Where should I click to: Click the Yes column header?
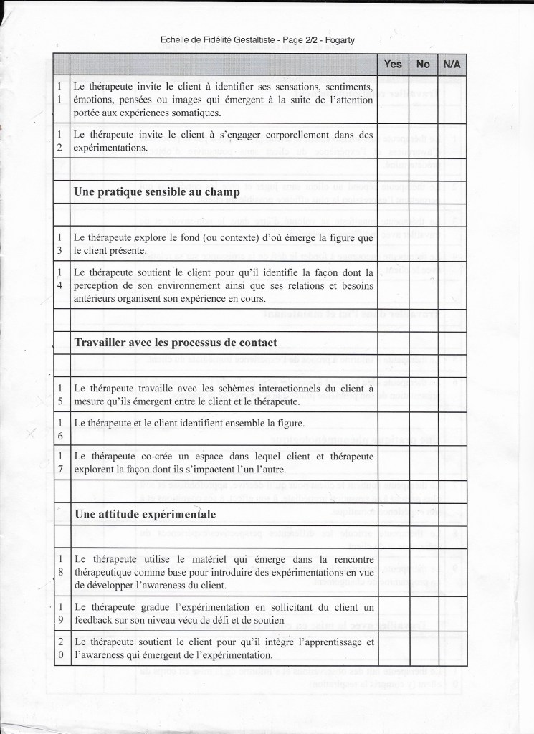(393, 64)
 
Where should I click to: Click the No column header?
(423, 64)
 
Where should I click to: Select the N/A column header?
(452, 64)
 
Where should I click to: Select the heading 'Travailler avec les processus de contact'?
(176, 342)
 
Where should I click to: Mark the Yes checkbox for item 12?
(393, 140)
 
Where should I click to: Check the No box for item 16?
(423, 424)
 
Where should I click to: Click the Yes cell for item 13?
(393, 243)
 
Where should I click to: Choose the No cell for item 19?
(423, 611)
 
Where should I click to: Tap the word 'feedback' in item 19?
(95, 618)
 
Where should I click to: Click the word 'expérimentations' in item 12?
(111, 148)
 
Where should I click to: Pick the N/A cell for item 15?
(452, 393)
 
